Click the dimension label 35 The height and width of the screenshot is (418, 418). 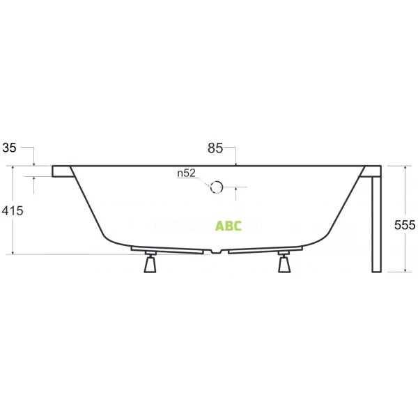(x=9, y=148)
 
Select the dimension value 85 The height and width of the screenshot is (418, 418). (x=215, y=148)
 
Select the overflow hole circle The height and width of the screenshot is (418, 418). (x=216, y=187)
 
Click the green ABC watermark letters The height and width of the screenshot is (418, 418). (x=229, y=226)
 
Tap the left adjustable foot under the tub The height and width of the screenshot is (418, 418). (x=150, y=264)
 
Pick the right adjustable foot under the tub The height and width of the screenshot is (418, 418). (x=284, y=264)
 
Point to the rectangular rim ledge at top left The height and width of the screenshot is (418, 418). (x=61, y=171)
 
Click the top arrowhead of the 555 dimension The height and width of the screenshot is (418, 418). (x=405, y=169)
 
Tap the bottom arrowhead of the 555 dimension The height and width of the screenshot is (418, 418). (x=405, y=269)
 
